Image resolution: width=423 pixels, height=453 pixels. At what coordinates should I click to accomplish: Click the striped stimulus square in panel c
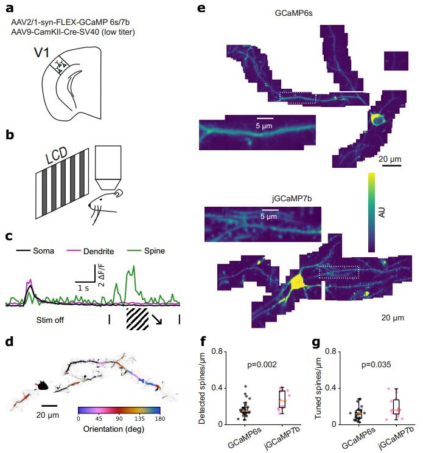point(137,318)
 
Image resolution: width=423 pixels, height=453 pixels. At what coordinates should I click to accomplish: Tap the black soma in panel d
point(43,386)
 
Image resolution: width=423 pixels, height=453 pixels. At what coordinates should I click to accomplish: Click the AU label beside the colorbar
point(383,212)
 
